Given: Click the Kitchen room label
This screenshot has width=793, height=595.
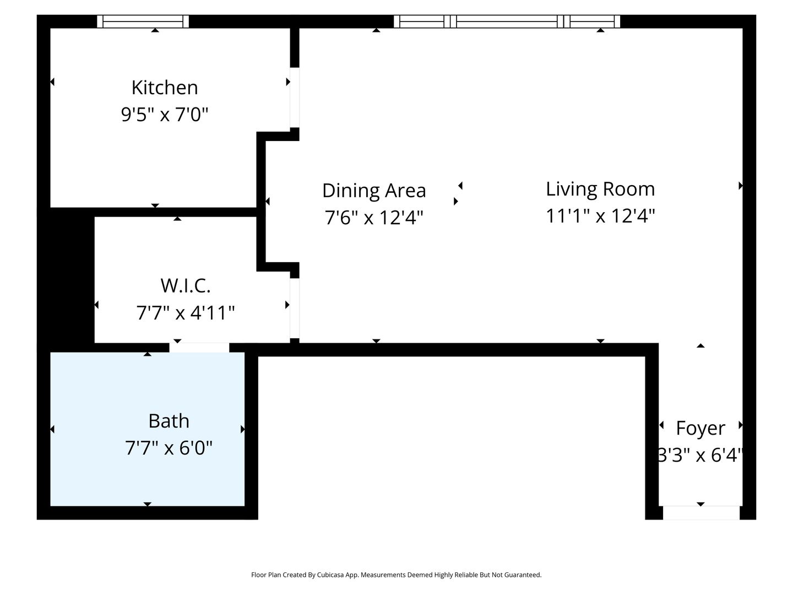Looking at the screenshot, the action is [x=165, y=88].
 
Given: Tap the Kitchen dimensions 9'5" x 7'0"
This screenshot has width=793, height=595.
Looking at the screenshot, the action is [x=165, y=115].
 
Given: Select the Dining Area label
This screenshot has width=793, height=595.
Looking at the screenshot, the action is [x=374, y=191].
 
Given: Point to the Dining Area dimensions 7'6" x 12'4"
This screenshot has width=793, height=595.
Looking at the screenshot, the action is [x=374, y=218].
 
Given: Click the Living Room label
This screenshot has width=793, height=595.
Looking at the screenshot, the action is [x=600, y=189].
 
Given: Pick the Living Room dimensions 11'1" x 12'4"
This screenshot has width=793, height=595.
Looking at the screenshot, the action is [x=600, y=216].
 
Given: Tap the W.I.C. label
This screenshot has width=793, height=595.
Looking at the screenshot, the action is [x=186, y=285].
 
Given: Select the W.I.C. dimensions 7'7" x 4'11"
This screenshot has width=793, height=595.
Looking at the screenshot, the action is [x=186, y=312].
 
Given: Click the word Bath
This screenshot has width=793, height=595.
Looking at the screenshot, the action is [x=169, y=421].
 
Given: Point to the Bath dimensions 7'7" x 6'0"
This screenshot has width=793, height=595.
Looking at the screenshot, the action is [x=169, y=448].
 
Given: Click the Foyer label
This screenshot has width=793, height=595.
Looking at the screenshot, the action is [x=700, y=429].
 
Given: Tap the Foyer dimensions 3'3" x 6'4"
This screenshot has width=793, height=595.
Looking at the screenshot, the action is [x=700, y=455].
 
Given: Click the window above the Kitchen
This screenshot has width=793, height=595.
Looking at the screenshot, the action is [x=143, y=21].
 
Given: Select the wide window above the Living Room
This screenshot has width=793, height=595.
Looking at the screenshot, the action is [x=507, y=21].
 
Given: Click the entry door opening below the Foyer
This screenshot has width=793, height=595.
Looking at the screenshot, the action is [x=701, y=512].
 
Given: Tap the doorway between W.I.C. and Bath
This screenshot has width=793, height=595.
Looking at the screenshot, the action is [x=199, y=348].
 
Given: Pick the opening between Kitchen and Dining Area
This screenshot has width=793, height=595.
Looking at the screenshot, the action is [x=295, y=98].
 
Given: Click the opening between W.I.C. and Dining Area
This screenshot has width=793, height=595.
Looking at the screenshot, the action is [x=295, y=308].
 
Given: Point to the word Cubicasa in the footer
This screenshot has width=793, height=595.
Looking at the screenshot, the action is [x=330, y=575].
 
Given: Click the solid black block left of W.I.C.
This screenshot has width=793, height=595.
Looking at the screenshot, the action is [x=66, y=279].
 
